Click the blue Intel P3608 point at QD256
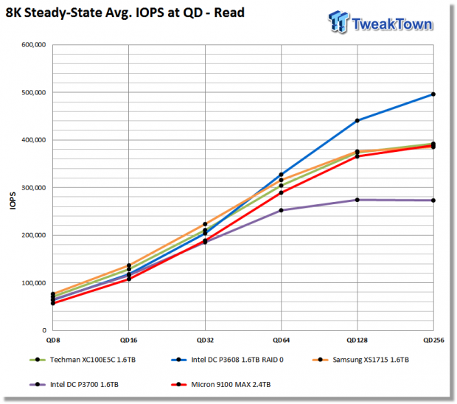pyautogui.click(x=433, y=94)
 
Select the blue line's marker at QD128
pyautogui.click(x=357, y=120)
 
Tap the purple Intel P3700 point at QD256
pyautogui.click(x=433, y=201)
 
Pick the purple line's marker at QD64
pyautogui.click(x=282, y=210)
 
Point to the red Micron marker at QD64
pyautogui.click(x=282, y=192)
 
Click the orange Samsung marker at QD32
pyautogui.click(x=205, y=224)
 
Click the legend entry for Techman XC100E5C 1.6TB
pyautogui.click(x=83, y=360)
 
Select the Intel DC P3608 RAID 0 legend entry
pyautogui.click(x=227, y=360)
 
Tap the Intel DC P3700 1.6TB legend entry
pyautogui.click(x=74, y=385)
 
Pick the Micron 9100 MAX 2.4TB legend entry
pyautogui.click(x=221, y=385)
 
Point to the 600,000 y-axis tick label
pyautogui.click(x=34, y=44)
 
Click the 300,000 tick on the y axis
pyautogui.click(x=34, y=188)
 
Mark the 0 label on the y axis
pyautogui.click(x=44, y=330)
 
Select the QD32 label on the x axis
pyautogui.click(x=205, y=340)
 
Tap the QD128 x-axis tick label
pyautogui.click(x=357, y=340)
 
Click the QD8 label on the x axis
pyautogui.click(x=53, y=340)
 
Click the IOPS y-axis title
pyautogui.click(x=13, y=201)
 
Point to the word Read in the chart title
pyautogui.click(x=229, y=13)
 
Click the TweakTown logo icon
pyautogui.click(x=338, y=21)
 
